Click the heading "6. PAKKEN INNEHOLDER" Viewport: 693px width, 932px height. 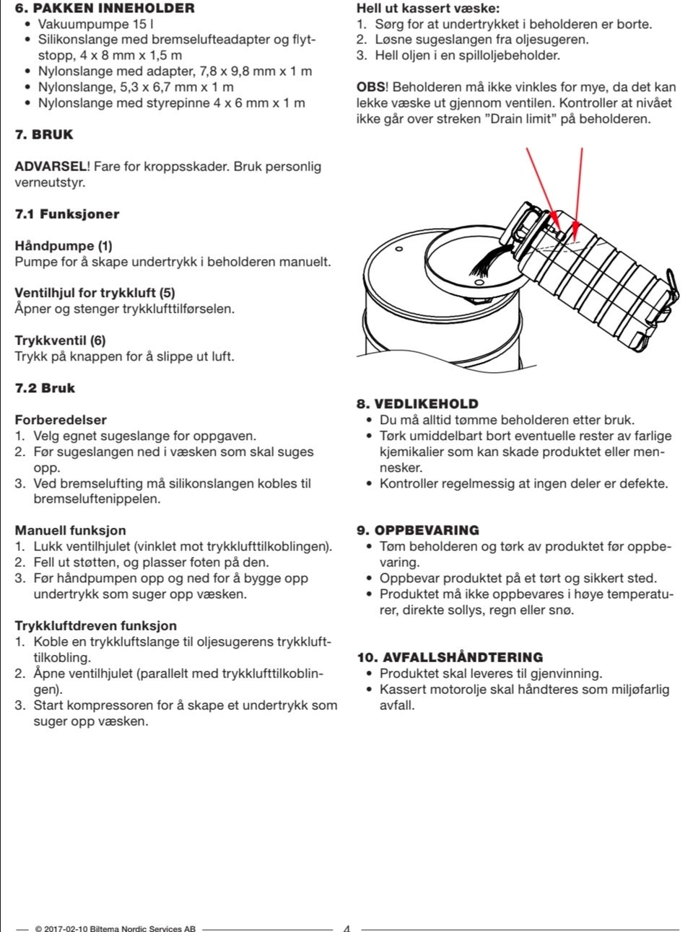point(105,9)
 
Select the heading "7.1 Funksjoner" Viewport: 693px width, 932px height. point(67,214)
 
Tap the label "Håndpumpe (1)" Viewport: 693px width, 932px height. point(64,246)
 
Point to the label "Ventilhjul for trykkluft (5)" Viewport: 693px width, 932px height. point(95,293)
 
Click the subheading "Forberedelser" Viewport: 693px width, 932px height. point(61,420)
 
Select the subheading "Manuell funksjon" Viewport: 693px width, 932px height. point(70,531)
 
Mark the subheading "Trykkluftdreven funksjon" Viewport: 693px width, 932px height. point(95,626)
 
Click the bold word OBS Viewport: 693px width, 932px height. point(371,87)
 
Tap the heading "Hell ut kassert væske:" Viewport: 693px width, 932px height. point(427,9)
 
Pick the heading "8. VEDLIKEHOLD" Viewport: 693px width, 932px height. point(417,404)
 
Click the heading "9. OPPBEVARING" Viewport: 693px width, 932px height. point(418,530)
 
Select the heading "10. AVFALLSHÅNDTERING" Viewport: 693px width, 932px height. point(450,657)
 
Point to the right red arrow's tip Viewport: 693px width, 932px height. point(574,235)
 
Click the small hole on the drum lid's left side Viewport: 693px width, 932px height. point(398,249)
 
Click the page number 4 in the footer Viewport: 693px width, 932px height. point(346,928)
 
